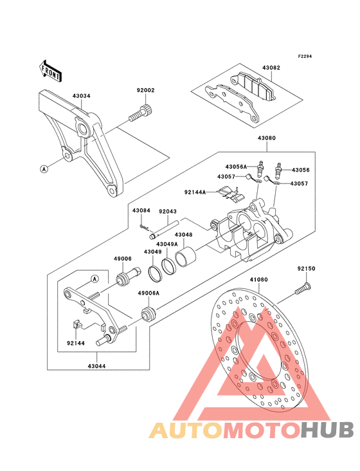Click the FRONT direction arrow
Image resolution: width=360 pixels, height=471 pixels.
[50, 71]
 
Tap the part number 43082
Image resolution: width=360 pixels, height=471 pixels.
[271, 68]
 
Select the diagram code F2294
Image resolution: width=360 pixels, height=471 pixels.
[305, 56]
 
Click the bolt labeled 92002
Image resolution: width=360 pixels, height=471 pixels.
[141, 113]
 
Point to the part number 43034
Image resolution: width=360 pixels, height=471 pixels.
[81, 96]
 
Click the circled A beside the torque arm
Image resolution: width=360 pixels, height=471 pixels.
[44, 169]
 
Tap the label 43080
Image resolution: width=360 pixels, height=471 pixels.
[266, 138]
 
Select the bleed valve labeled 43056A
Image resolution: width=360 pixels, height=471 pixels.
[260, 168]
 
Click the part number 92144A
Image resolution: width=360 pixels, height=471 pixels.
[195, 192]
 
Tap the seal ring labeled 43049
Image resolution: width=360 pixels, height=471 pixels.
[155, 273]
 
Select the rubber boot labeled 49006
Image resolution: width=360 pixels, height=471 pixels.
[129, 276]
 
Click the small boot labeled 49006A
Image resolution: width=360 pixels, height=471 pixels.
[148, 313]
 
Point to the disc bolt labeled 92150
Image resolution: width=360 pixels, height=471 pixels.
[303, 288]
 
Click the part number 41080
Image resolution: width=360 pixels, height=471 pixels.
[258, 280]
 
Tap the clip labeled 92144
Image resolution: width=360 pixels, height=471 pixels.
[77, 324]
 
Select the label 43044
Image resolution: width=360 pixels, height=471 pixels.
[96, 366]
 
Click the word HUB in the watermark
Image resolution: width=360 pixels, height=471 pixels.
[328, 430]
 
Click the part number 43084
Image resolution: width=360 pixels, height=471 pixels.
[141, 210]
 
